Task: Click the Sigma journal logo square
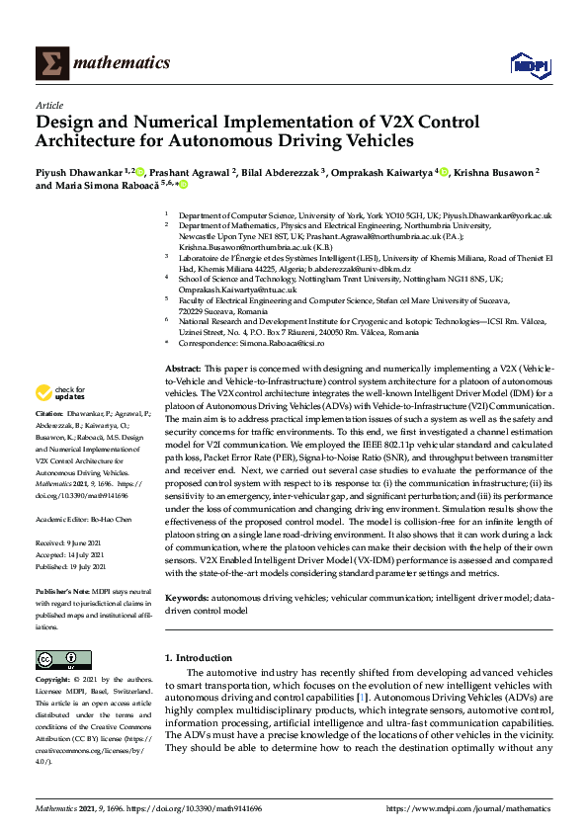pyautogui.click(x=51, y=63)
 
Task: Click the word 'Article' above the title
pyautogui.click(x=49, y=105)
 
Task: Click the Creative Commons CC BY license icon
pyautogui.click(x=57, y=658)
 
